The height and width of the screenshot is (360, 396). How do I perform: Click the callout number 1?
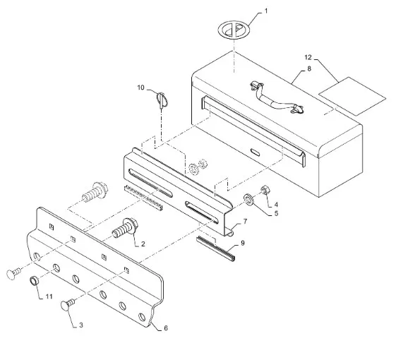point(265,11)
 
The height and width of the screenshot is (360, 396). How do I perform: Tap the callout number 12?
point(308,58)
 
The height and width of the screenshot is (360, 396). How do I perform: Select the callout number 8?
point(309,68)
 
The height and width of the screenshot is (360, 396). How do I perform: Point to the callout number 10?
point(140,88)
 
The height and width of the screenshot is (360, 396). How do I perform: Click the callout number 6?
point(166,328)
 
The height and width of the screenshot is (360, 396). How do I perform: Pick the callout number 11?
point(49,296)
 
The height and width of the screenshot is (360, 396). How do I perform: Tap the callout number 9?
point(242,243)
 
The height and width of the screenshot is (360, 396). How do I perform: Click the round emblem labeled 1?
point(234,30)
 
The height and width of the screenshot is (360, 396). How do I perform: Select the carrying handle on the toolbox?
point(277,98)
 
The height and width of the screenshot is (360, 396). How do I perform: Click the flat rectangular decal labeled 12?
point(352,96)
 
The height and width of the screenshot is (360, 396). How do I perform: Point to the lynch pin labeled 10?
point(162,100)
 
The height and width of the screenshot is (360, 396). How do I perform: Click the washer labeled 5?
point(248,198)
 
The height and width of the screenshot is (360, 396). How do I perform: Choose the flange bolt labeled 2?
point(125,229)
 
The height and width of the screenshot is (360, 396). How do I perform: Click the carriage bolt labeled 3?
point(68,304)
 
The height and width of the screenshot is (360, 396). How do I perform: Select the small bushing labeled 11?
point(35,281)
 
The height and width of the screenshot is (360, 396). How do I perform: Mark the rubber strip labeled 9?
point(216,249)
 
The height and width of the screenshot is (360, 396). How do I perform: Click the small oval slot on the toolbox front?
point(256,152)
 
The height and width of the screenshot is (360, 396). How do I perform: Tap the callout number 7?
point(245,222)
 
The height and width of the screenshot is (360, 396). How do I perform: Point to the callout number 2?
point(143,244)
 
